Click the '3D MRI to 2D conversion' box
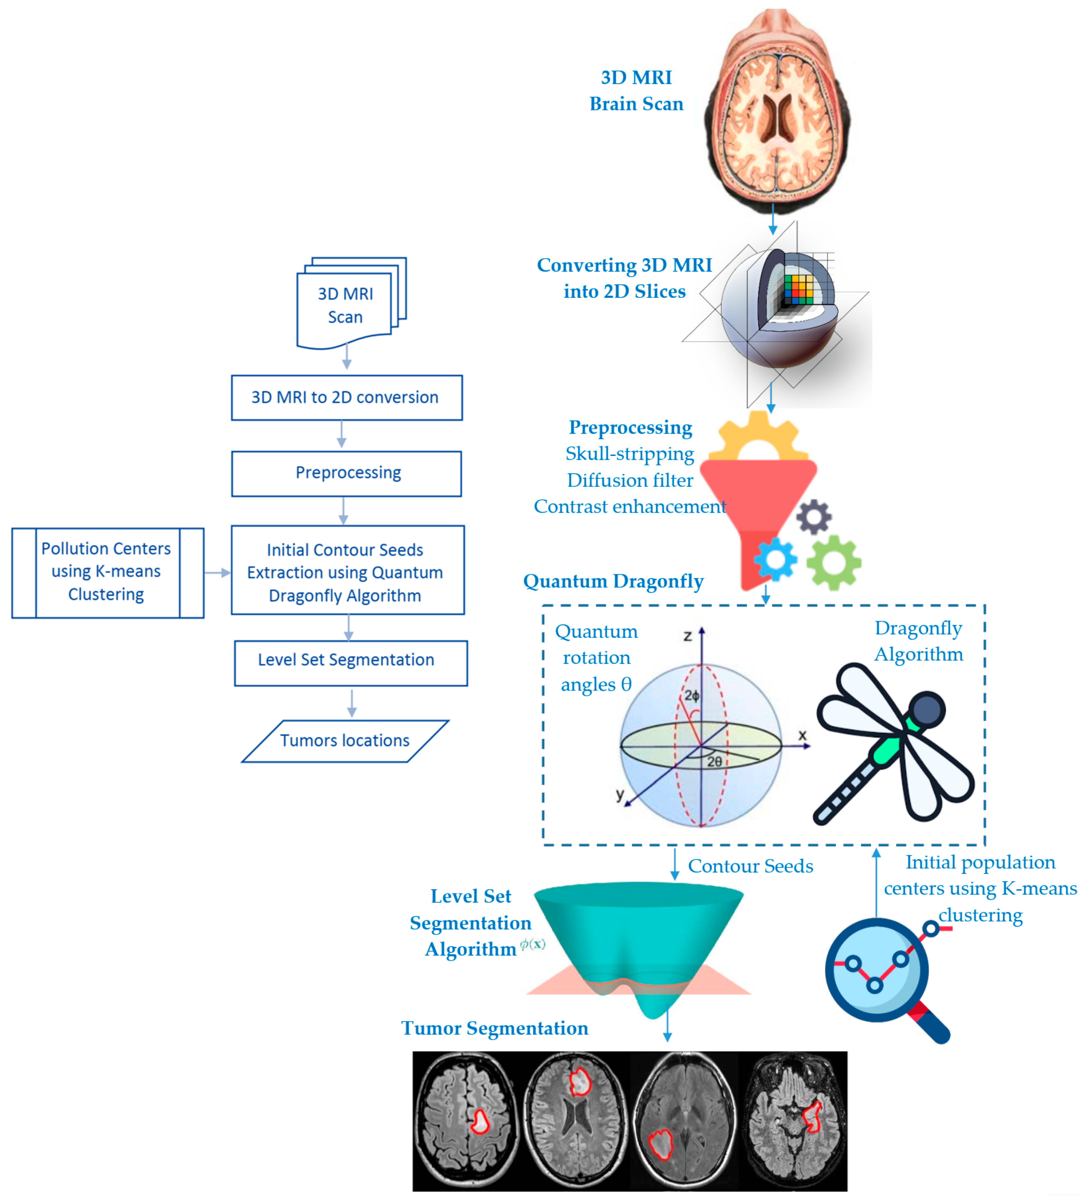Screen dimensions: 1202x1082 tap(347, 397)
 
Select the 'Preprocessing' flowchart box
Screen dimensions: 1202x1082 tap(347, 473)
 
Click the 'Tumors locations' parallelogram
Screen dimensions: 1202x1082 tap(345, 741)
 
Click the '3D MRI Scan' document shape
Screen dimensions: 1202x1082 tap(345, 306)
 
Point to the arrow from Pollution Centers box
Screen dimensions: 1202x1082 tap(217, 572)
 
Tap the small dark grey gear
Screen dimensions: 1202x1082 tap(814, 517)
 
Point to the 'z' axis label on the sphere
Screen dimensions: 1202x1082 tap(687, 636)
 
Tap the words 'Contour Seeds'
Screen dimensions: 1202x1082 tap(750, 866)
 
